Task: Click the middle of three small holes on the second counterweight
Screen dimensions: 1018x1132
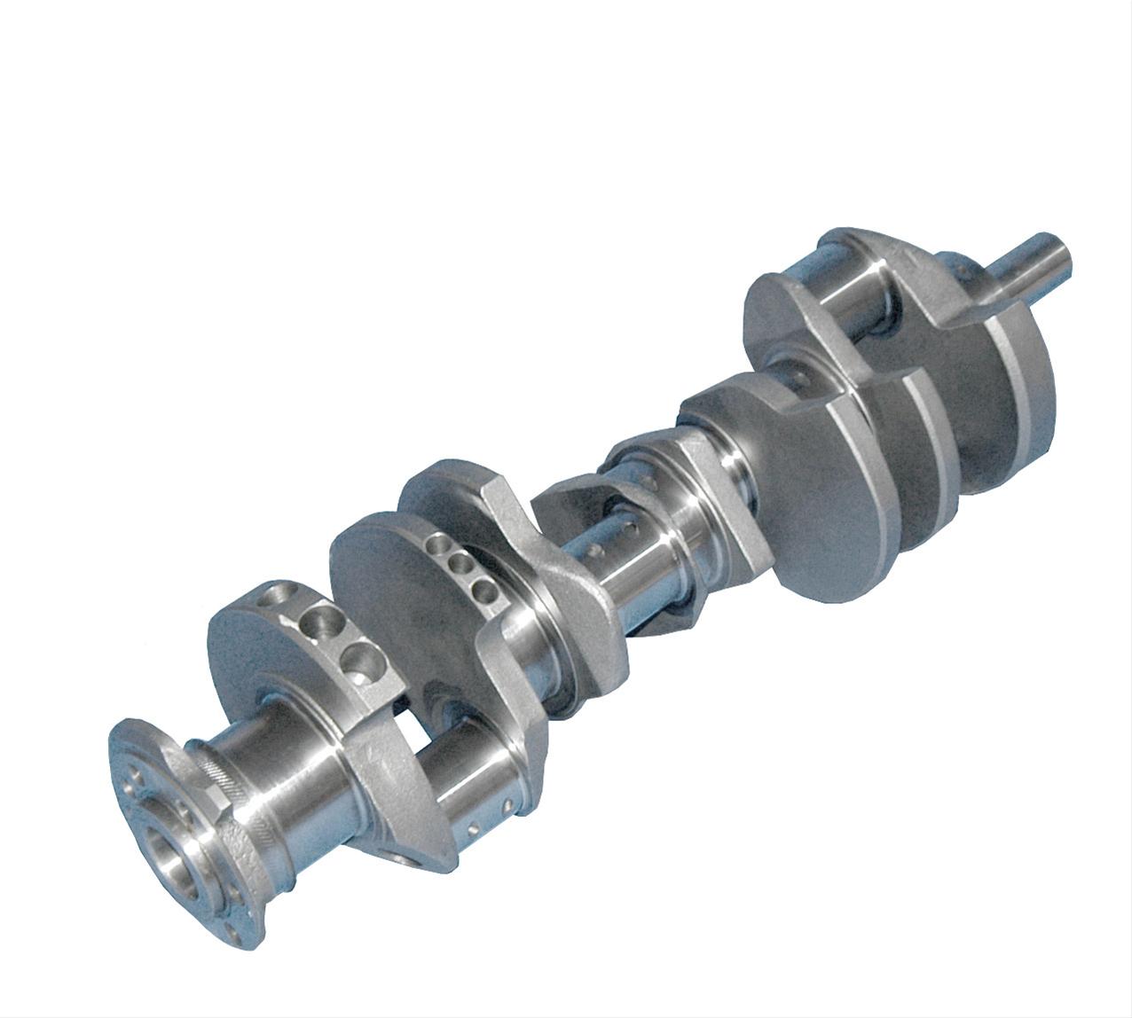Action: tap(460, 565)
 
